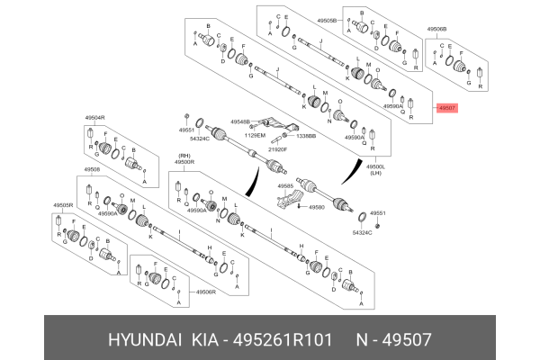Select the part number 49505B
point(326,18)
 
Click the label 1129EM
point(256,135)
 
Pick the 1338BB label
point(306,136)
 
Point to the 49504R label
point(95,118)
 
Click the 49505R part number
point(62,204)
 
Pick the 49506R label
point(209,292)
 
